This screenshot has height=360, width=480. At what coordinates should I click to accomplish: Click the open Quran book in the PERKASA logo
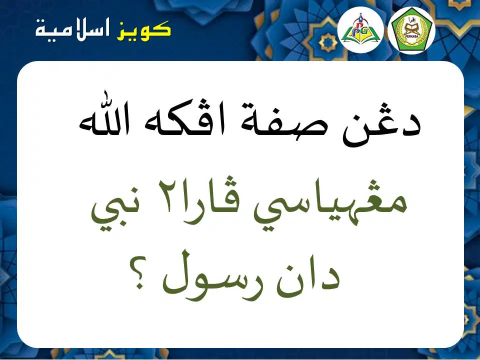(x=411, y=29)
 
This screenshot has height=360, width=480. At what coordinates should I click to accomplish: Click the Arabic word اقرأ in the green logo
(x=411, y=21)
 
